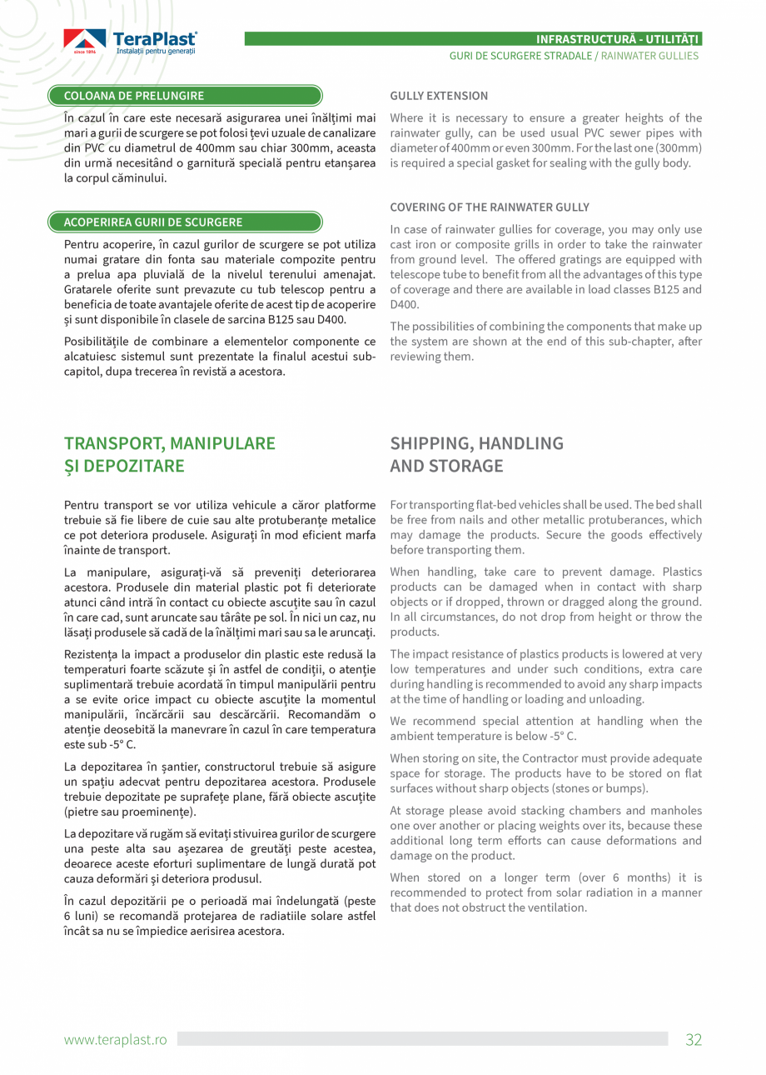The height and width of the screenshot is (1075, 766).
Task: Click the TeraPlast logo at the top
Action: coord(130,42)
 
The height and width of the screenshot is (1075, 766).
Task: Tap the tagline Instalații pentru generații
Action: coord(156,52)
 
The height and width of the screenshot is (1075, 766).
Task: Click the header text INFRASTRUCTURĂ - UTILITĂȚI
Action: coord(618,39)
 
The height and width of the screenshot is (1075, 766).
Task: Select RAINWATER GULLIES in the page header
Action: coord(649,56)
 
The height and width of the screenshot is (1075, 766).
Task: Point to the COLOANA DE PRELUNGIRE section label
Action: coord(134,96)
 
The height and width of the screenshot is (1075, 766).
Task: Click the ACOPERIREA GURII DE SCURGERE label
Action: coord(154,222)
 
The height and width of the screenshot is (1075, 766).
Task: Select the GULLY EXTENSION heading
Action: coord(439,96)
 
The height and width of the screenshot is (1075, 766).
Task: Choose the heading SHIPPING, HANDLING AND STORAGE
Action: coord(476,454)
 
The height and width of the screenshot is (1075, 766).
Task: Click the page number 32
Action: coord(693,1039)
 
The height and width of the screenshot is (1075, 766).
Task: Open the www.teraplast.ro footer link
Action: coord(116,1039)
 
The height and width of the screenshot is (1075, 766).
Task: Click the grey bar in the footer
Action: coord(422,1039)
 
